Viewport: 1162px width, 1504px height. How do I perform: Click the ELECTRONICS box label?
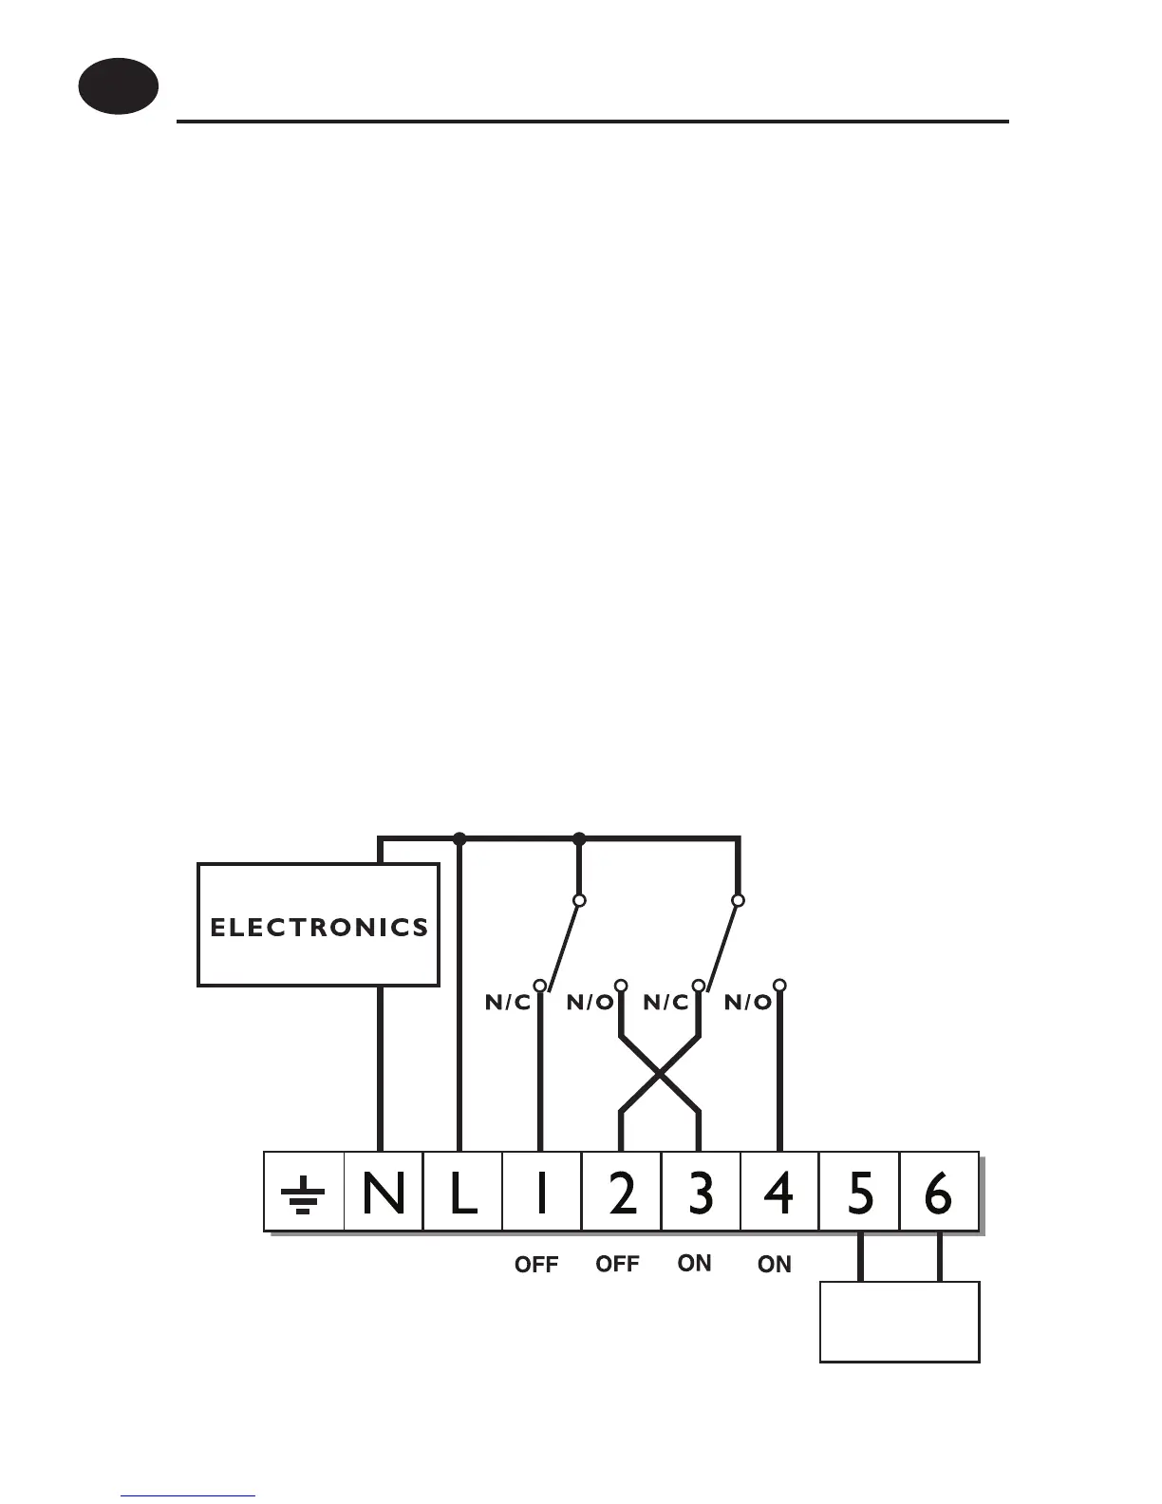click(319, 927)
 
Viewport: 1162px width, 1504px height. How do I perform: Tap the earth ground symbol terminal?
click(303, 1194)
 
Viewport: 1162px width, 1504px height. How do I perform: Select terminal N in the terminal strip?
click(383, 1194)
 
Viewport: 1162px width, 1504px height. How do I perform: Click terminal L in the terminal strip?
click(462, 1194)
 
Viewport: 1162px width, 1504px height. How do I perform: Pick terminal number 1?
click(541, 1194)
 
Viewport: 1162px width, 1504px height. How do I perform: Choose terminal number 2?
click(621, 1194)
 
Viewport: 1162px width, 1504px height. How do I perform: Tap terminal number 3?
click(701, 1194)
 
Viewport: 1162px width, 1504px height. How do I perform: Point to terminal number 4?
click(779, 1194)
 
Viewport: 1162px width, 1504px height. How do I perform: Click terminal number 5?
click(859, 1194)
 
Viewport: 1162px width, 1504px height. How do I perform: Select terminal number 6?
click(938, 1194)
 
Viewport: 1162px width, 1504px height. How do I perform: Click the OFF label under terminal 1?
click(536, 1265)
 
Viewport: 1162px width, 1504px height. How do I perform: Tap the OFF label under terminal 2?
click(617, 1264)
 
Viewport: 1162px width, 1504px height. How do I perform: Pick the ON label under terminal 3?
click(695, 1263)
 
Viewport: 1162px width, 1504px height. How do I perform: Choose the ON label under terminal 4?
click(775, 1264)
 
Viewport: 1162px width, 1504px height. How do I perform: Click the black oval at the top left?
click(118, 86)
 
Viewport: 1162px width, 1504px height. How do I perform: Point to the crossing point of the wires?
click(660, 1074)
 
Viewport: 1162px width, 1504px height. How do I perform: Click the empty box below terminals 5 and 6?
click(899, 1322)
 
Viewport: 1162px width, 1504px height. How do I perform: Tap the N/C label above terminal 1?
click(508, 1003)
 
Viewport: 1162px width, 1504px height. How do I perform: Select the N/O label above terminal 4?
click(748, 1003)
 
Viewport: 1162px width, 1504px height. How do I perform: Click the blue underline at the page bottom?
click(188, 1495)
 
